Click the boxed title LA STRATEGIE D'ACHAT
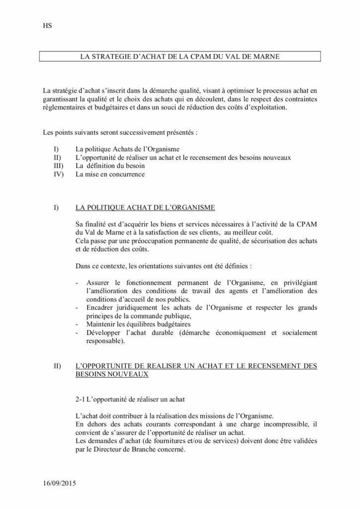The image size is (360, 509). tap(180, 57)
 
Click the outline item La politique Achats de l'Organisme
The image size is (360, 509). tap(127, 149)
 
